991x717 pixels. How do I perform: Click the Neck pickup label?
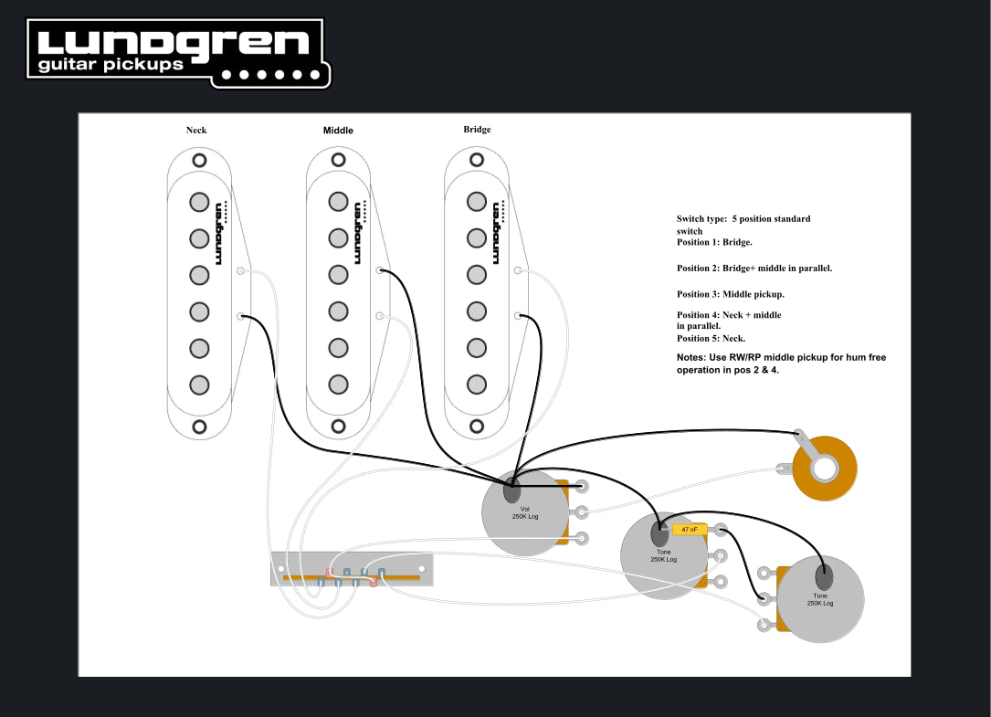pyautogui.click(x=196, y=130)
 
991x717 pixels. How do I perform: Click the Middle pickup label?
pyautogui.click(x=338, y=131)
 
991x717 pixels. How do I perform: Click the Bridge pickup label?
pyautogui.click(x=477, y=130)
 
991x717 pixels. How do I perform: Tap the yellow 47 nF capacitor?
pyautogui.click(x=691, y=529)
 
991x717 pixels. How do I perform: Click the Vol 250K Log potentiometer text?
pyautogui.click(x=524, y=512)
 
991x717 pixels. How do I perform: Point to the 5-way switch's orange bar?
pyautogui.click(x=352, y=577)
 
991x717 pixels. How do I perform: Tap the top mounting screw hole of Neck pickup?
pyautogui.click(x=199, y=159)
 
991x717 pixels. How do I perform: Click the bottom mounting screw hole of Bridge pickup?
pyautogui.click(x=477, y=426)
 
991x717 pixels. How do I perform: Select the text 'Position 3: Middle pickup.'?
pyautogui.click(x=731, y=294)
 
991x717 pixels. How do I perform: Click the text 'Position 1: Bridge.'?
pyautogui.click(x=714, y=242)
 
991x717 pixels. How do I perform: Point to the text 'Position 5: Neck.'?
pyautogui.click(x=711, y=338)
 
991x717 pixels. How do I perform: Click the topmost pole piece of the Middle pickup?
pyautogui.click(x=339, y=202)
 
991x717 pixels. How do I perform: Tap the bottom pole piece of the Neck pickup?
pyautogui.click(x=199, y=385)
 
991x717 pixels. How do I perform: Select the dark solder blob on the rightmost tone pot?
pyautogui.click(x=824, y=576)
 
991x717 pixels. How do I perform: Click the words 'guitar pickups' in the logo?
pyautogui.click(x=111, y=65)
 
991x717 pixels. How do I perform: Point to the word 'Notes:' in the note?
pyautogui.click(x=691, y=357)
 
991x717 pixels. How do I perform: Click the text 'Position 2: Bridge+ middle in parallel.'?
pyautogui.click(x=754, y=269)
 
